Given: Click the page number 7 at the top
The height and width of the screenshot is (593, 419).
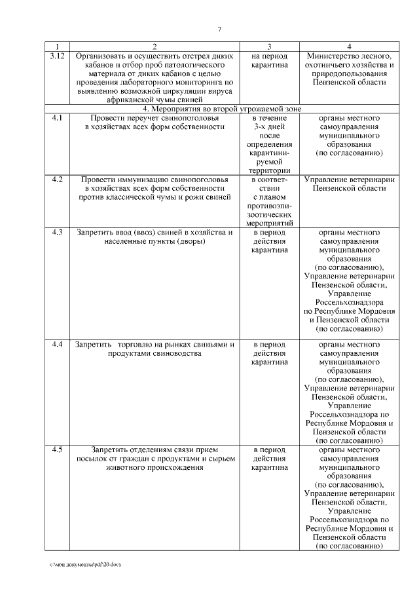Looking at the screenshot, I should click(219, 28).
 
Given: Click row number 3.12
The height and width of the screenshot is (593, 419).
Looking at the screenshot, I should click(57, 56).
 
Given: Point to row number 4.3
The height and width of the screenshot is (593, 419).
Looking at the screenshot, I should click(57, 232).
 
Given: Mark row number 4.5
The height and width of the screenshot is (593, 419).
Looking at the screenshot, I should click(57, 450).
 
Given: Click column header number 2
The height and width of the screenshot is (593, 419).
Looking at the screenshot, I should click(155, 47).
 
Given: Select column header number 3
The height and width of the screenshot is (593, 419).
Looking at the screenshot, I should click(269, 47).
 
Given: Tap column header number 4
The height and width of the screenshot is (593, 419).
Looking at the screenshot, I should click(349, 47).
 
